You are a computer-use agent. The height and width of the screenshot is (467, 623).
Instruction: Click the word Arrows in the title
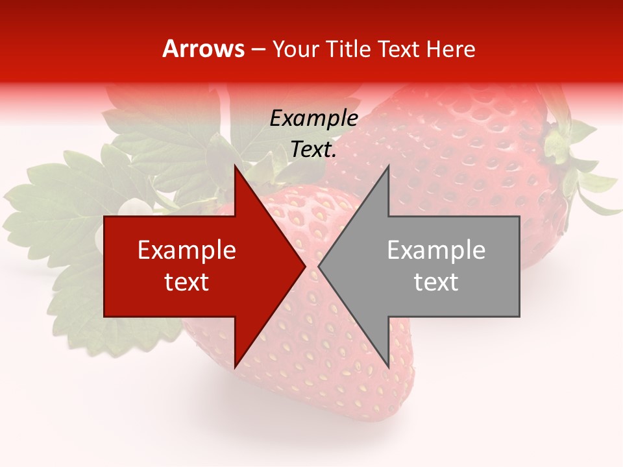[203, 49]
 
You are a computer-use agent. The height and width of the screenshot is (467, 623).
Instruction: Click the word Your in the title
[295, 49]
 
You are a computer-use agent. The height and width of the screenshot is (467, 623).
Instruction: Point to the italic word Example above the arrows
[313, 119]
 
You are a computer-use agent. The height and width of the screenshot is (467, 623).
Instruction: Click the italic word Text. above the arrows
[313, 150]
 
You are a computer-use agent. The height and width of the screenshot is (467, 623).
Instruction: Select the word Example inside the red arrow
[187, 250]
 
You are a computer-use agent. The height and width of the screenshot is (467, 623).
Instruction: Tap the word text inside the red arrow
[187, 282]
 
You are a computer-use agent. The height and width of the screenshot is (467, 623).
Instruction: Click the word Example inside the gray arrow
[436, 250]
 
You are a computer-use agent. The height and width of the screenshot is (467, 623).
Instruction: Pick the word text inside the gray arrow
[436, 282]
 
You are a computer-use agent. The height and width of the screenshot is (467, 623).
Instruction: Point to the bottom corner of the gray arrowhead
[388, 366]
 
